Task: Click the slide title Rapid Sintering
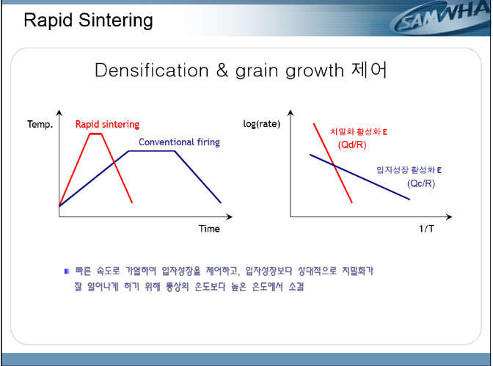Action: click(88, 21)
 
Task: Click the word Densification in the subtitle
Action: click(152, 70)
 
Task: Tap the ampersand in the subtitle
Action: click(222, 70)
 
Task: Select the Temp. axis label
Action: click(40, 125)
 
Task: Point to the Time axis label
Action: click(209, 229)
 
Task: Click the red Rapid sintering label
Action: click(107, 124)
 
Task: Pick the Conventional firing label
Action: click(179, 142)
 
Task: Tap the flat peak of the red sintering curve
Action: click(96, 133)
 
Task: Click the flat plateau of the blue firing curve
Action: click(152, 151)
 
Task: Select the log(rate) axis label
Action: click(262, 124)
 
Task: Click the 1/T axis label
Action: click(426, 229)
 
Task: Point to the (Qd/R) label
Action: click(352, 144)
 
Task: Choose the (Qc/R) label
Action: click(421, 183)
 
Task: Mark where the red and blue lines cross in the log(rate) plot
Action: click(334, 164)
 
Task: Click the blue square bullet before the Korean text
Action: click(67, 271)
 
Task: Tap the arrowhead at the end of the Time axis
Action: click(229, 216)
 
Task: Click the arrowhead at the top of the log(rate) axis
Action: click(291, 113)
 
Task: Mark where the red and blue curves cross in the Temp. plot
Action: click(114, 163)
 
